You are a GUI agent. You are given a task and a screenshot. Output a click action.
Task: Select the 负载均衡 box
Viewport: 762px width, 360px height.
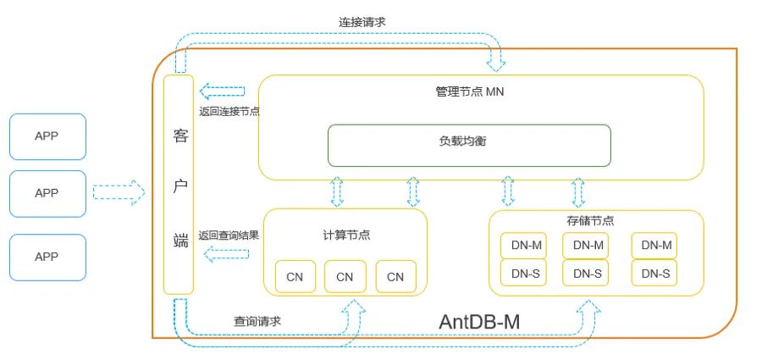coord(469,146)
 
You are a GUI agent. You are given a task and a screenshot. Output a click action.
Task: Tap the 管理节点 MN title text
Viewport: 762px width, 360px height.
coord(469,91)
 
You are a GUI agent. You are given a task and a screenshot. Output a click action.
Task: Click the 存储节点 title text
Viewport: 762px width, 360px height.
coord(590,220)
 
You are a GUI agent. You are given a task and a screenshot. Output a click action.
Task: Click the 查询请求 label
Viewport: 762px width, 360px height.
coord(257,321)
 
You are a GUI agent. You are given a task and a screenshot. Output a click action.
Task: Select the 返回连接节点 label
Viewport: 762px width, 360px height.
coord(229,111)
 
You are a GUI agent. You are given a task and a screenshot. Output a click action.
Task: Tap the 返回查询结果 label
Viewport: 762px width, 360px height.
coord(229,235)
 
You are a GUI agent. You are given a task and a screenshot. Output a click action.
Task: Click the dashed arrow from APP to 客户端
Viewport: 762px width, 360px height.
coord(119,193)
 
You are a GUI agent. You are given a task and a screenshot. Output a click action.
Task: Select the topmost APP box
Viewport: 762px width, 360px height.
coord(47,136)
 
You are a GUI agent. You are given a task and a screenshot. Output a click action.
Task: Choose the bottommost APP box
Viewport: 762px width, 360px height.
coord(47,258)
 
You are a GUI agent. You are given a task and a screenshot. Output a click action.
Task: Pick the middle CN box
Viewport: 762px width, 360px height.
coord(345,276)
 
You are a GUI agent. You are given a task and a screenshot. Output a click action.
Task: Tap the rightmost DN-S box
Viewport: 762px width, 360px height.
coord(655,273)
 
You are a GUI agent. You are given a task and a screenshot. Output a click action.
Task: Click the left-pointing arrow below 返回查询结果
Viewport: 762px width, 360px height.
coord(221,253)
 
